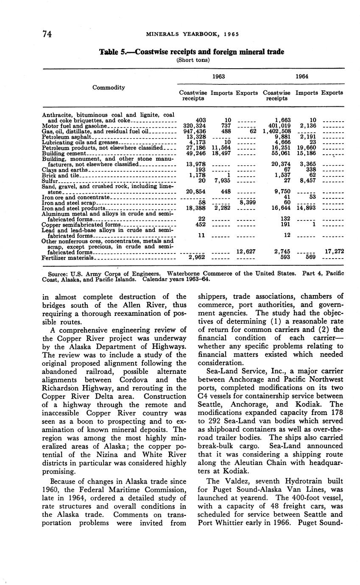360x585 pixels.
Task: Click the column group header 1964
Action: coord(302,77)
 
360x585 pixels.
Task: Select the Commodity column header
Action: coord(109,87)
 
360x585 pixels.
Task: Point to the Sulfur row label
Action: coord(50,181)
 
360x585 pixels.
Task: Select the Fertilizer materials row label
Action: coord(68,257)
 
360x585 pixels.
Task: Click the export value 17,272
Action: coord(334,251)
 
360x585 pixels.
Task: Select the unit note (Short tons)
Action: coord(192,60)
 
